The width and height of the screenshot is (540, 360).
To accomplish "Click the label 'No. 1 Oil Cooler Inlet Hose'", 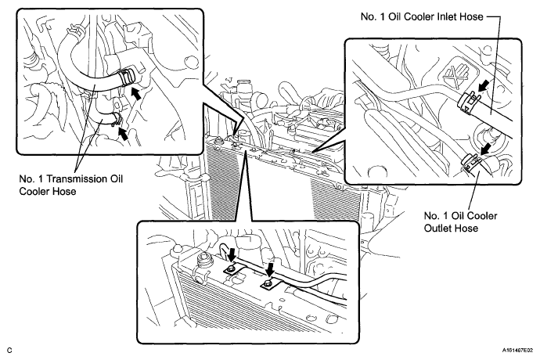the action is pos(422,16).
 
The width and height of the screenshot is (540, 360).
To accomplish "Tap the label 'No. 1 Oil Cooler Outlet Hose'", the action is pos(460,221).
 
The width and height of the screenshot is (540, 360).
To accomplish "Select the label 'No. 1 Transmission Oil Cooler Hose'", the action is pos(70,185).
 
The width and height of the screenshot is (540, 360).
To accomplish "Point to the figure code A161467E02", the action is pos(520,351).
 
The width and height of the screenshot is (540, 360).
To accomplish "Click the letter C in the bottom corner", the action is pos(9,351).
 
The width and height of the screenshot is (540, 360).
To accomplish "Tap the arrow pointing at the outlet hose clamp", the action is pos(486,149).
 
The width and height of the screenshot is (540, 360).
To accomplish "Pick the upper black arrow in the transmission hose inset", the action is pos(135,93).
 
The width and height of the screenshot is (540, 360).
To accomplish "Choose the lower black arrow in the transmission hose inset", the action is pos(123,133).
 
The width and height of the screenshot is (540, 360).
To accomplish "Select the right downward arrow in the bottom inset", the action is pos(270,269).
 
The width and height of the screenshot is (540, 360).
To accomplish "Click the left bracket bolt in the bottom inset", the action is pos(231,269).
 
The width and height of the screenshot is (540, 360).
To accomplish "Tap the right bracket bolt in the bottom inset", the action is pos(267,283).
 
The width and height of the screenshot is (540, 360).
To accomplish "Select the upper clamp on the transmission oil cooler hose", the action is pos(126,77).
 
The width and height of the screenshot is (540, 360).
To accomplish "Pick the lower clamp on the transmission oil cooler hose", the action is pos(116,119).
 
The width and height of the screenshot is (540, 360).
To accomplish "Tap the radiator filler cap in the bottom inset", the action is pos(203,259).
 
